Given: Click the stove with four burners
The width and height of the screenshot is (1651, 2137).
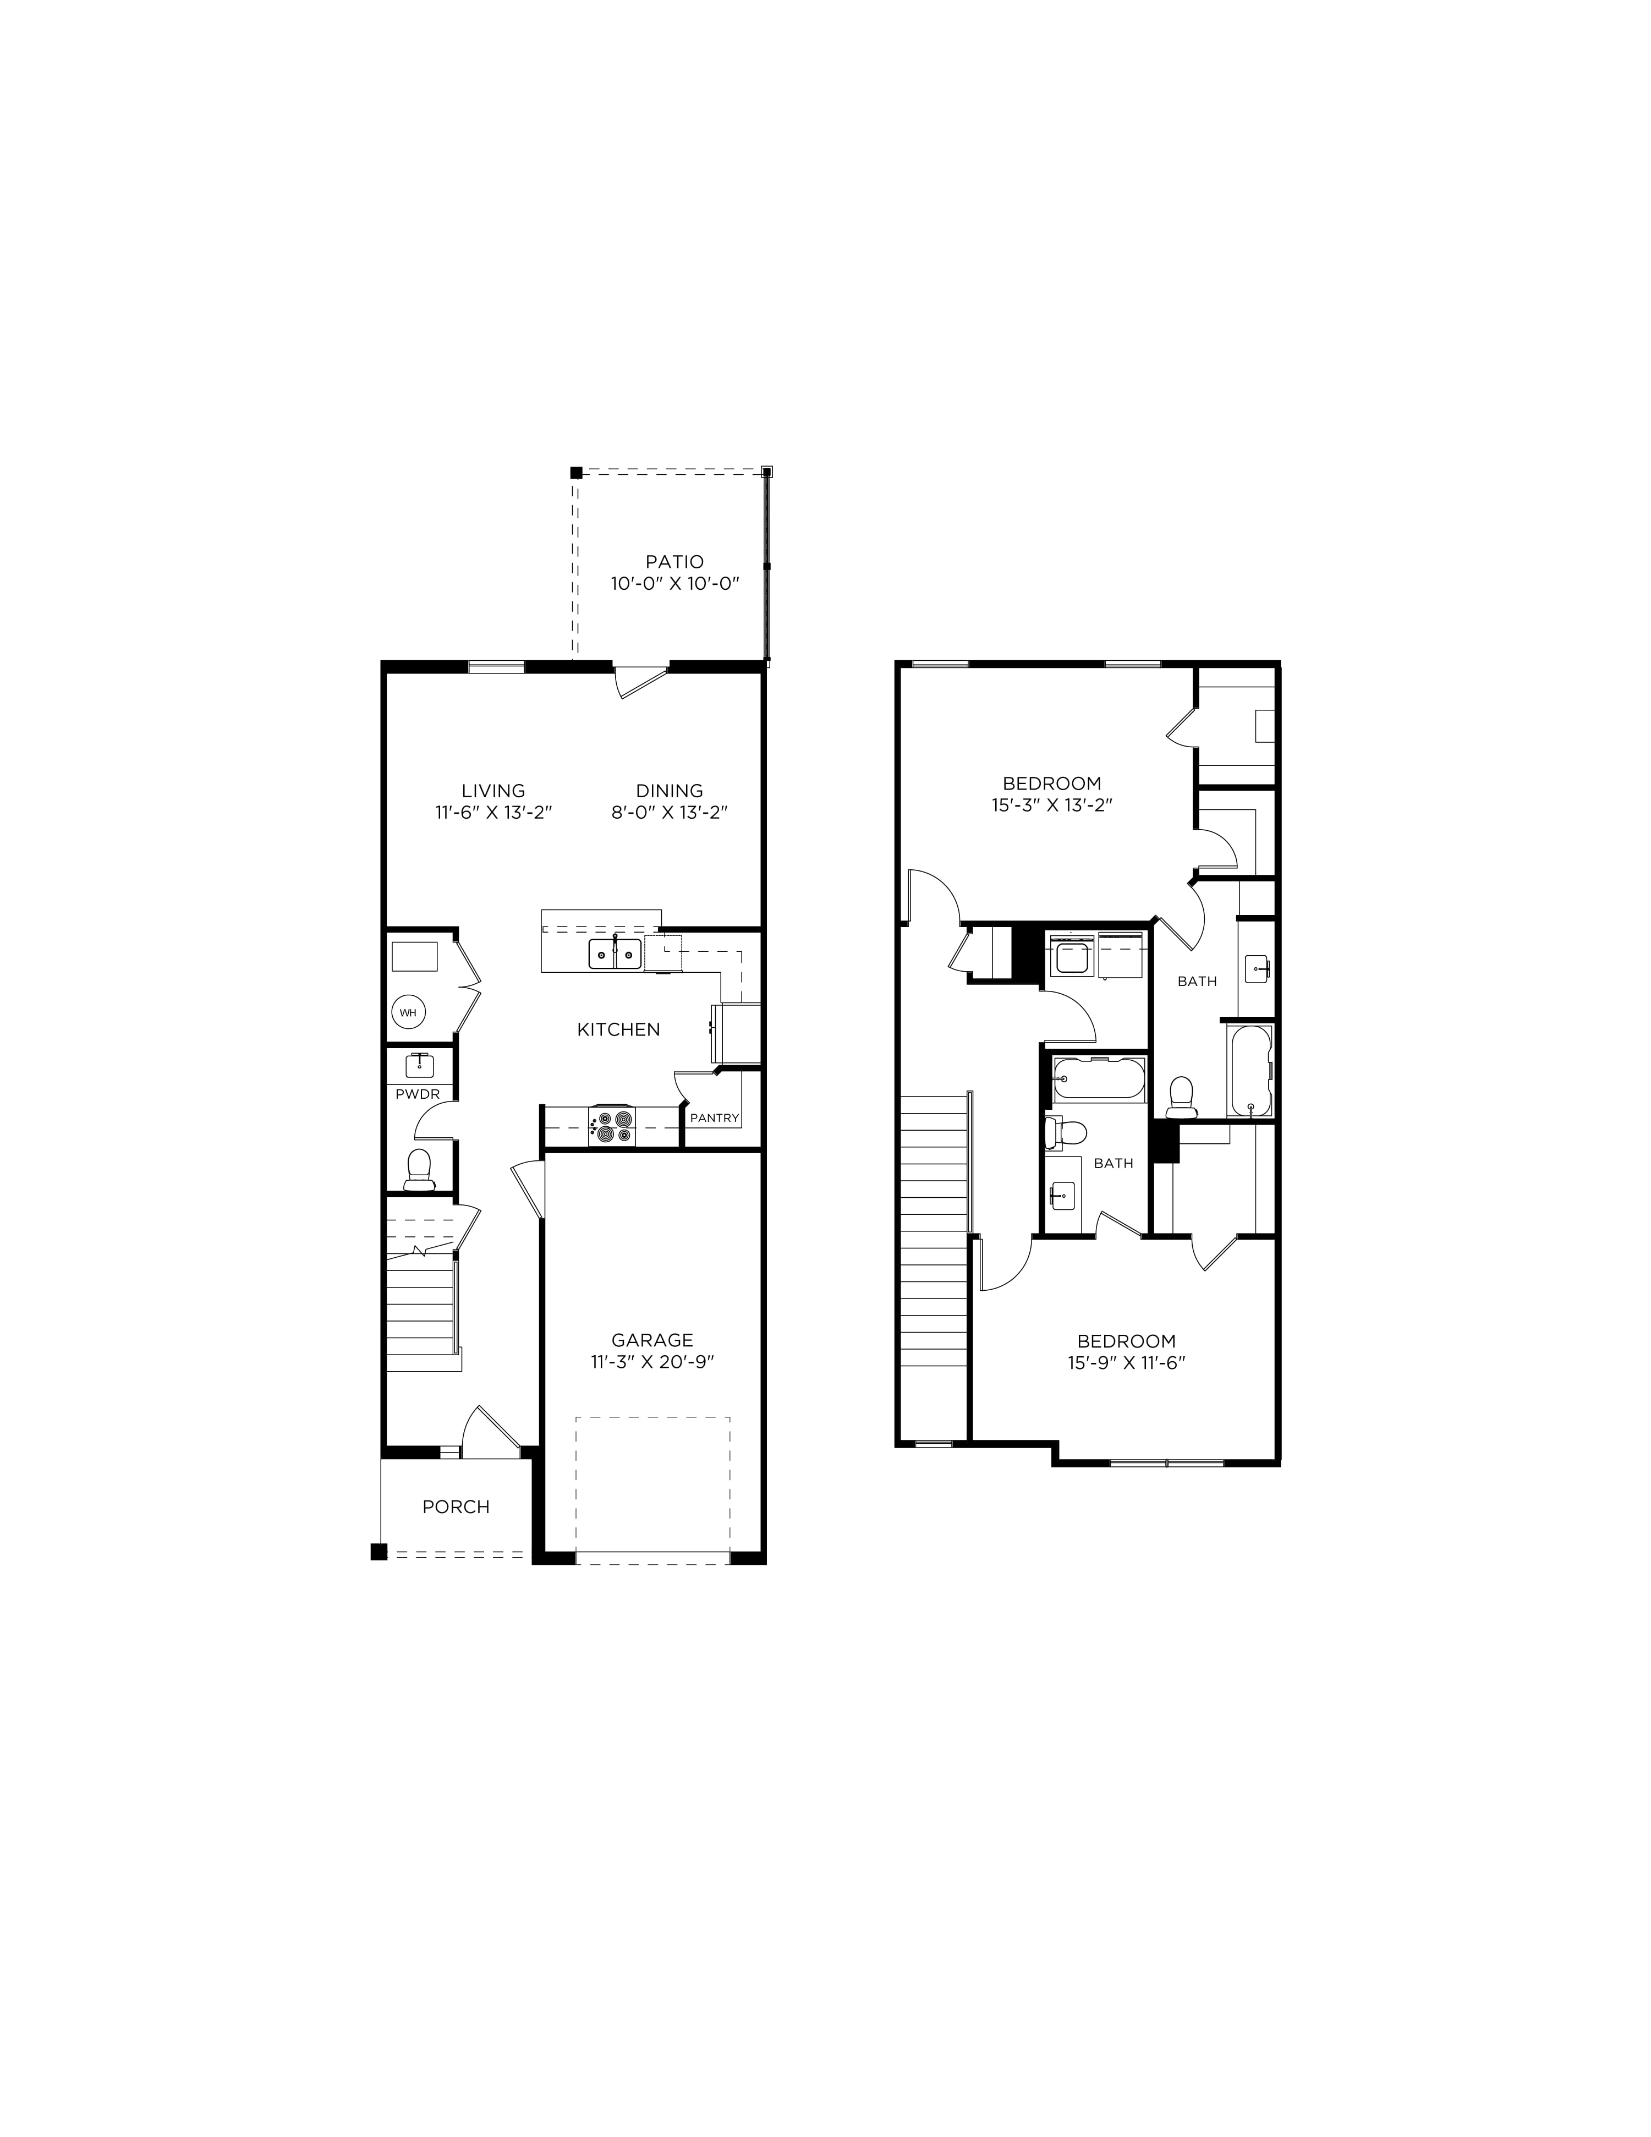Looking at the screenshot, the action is [612, 1125].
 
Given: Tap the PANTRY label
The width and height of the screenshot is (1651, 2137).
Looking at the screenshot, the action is [715, 1117].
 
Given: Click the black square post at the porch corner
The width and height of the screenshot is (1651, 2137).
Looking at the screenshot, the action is [379, 1551].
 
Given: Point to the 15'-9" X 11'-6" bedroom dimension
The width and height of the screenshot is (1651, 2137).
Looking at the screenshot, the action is [1127, 1362].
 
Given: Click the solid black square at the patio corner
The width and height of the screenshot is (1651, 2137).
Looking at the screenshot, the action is [577, 472].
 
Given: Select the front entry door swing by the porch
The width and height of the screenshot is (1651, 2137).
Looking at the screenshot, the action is [489, 1428].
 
